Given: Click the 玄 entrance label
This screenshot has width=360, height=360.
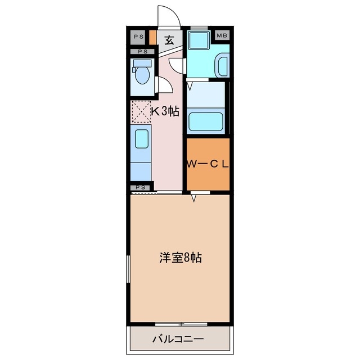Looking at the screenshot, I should [x=169, y=40].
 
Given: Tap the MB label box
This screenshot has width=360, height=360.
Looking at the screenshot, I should [x=222, y=37].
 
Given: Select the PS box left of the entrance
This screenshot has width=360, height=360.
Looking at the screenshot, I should [x=139, y=37].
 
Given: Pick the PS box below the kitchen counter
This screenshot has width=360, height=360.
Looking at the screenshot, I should [x=141, y=187].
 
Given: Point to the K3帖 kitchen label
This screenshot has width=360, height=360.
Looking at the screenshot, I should [x=165, y=111].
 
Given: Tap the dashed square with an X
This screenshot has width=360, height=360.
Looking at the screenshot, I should [x=141, y=111].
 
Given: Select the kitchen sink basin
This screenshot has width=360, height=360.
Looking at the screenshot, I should [x=141, y=138].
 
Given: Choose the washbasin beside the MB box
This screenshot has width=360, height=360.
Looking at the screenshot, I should [x=222, y=65].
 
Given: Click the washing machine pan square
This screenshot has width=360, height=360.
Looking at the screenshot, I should [x=197, y=41].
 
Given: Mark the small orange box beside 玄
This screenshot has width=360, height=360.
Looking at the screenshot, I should [x=152, y=40].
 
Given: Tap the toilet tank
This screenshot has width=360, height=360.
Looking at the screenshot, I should [x=141, y=64].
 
